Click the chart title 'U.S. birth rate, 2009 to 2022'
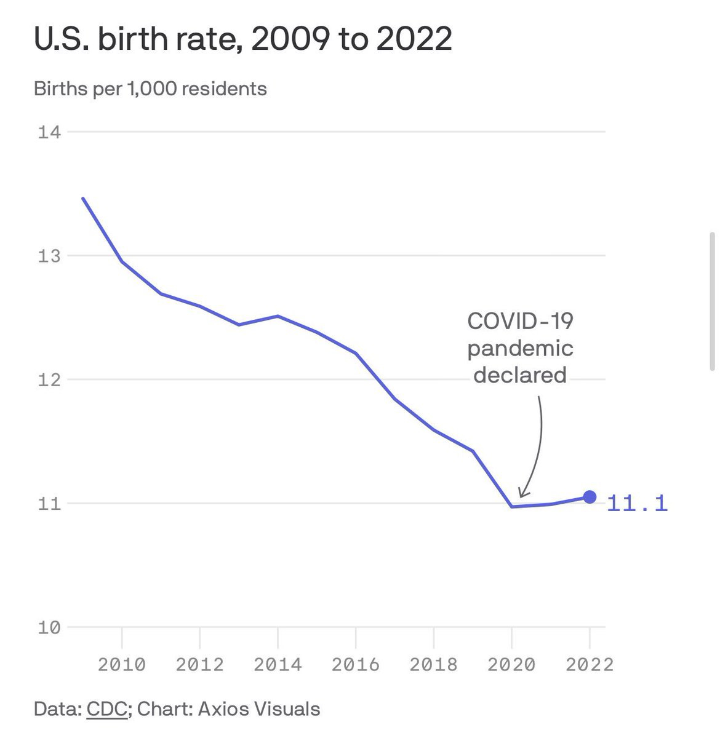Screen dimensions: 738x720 pyautogui.click(x=242, y=39)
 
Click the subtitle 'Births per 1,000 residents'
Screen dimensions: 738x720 pyautogui.click(x=150, y=89)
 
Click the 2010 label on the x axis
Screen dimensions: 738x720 pyautogui.click(x=122, y=664)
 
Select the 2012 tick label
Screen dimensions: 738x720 pyautogui.click(x=200, y=664)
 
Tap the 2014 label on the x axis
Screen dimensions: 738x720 pyautogui.click(x=278, y=664)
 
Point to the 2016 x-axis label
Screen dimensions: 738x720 pyautogui.click(x=356, y=664)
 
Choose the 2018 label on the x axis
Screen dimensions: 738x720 pyautogui.click(x=434, y=664)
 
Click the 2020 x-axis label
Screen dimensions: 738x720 pyautogui.click(x=511, y=664)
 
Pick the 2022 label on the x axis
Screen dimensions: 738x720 pyautogui.click(x=590, y=664)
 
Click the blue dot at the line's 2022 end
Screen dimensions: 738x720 pyautogui.click(x=590, y=497)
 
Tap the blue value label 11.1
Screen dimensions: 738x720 pyautogui.click(x=637, y=504)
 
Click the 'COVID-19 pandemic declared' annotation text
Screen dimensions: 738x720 pyautogui.click(x=520, y=347)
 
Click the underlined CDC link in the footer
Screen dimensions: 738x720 pyautogui.click(x=107, y=708)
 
